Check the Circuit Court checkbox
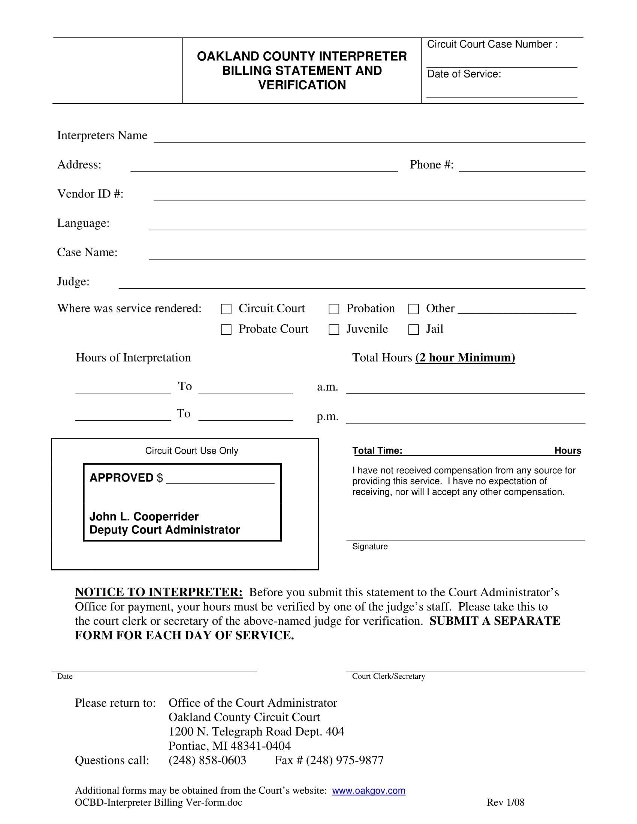(226, 309)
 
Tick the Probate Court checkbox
(226, 330)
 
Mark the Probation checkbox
(334, 309)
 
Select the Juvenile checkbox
(334, 330)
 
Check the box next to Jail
(414, 330)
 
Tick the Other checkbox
(414, 309)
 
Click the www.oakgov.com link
(369, 790)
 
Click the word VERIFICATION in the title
(302, 85)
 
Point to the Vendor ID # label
(90, 194)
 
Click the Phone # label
(431, 165)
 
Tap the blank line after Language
(367, 226)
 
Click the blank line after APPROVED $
(220, 479)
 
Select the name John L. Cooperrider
(144, 516)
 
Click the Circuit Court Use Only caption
(192, 451)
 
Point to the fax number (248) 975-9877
(344, 760)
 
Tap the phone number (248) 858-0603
(207, 760)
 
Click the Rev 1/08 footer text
(505, 802)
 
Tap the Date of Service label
(464, 74)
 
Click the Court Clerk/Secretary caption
(388, 676)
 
